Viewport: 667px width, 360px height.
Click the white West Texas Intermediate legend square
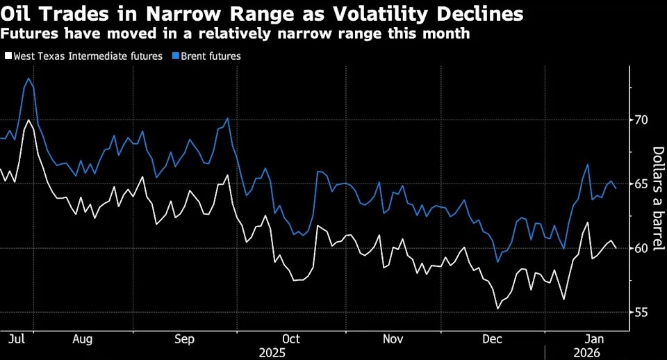pyautogui.click(x=8, y=56)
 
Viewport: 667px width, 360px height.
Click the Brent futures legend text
pyautogui.click(x=211, y=56)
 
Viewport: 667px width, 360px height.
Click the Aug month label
pyautogui.click(x=83, y=339)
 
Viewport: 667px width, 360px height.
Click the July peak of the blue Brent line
pyautogui.click(x=28, y=79)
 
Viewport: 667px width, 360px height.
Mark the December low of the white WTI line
pyautogui.click(x=497, y=309)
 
